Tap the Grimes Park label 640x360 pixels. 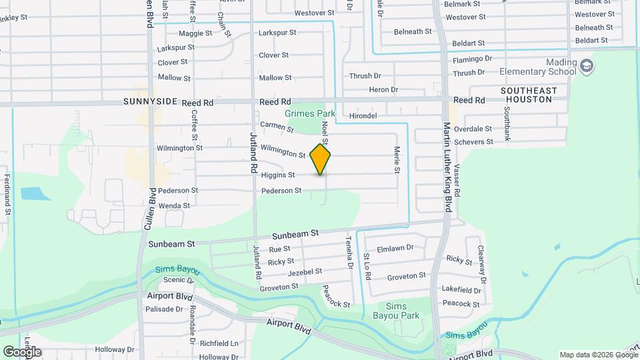tap(309, 114)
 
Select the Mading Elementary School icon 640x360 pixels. tap(587, 65)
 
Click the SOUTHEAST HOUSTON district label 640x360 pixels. tap(529, 95)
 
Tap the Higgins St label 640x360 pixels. tap(278, 175)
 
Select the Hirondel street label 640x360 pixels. tap(363, 115)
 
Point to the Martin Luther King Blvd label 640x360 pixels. tap(447, 167)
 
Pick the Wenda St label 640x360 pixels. tap(174, 206)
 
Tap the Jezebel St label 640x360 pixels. tap(305, 272)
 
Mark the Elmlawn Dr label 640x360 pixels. tap(395, 248)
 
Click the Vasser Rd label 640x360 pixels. tap(457, 181)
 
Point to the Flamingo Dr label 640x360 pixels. tap(472, 59)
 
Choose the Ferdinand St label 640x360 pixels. tap(7, 194)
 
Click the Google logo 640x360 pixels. tap(22, 351)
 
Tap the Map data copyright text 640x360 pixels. tap(598, 355)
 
